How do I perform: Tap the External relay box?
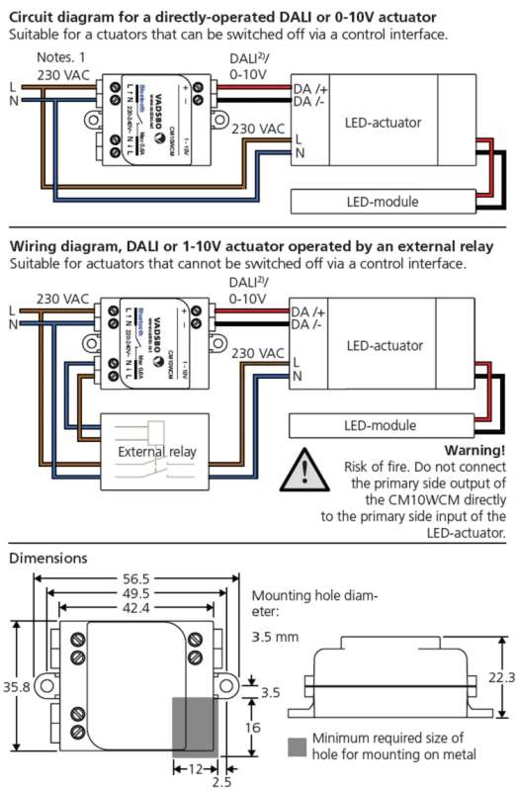(156, 452)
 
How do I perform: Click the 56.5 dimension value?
(137, 578)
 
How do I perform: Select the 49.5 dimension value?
(137, 594)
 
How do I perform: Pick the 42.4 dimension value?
(137, 610)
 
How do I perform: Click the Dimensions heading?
(47, 558)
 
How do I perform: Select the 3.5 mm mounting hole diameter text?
(275, 638)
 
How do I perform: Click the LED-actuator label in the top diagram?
(383, 123)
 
